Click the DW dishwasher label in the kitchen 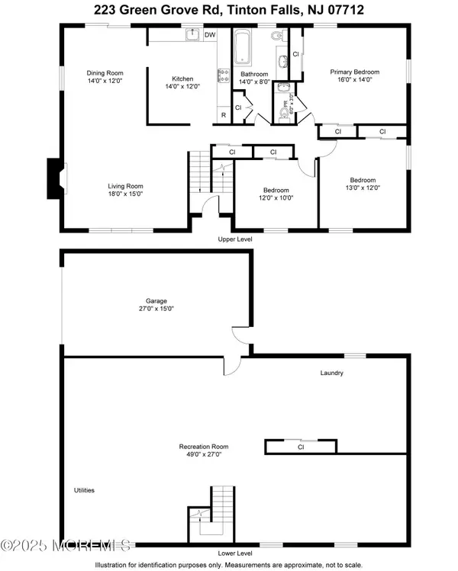click(210, 35)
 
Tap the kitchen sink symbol click(192, 34)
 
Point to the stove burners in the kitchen click(223, 75)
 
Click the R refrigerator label click(224, 115)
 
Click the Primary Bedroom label click(355, 72)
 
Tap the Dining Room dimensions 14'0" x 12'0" click(105, 81)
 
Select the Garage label click(156, 301)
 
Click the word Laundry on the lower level click(332, 373)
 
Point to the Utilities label click(84, 490)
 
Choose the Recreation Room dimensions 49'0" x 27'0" click(204, 454)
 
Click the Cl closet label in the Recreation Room click(301, 447)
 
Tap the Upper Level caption click(235, 239)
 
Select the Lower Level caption click(235, 553)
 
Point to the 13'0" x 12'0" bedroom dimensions click(363, 188)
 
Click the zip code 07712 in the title click(346, 10)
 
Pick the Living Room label click(125, 186)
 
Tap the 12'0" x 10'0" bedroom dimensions click(276, 198)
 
